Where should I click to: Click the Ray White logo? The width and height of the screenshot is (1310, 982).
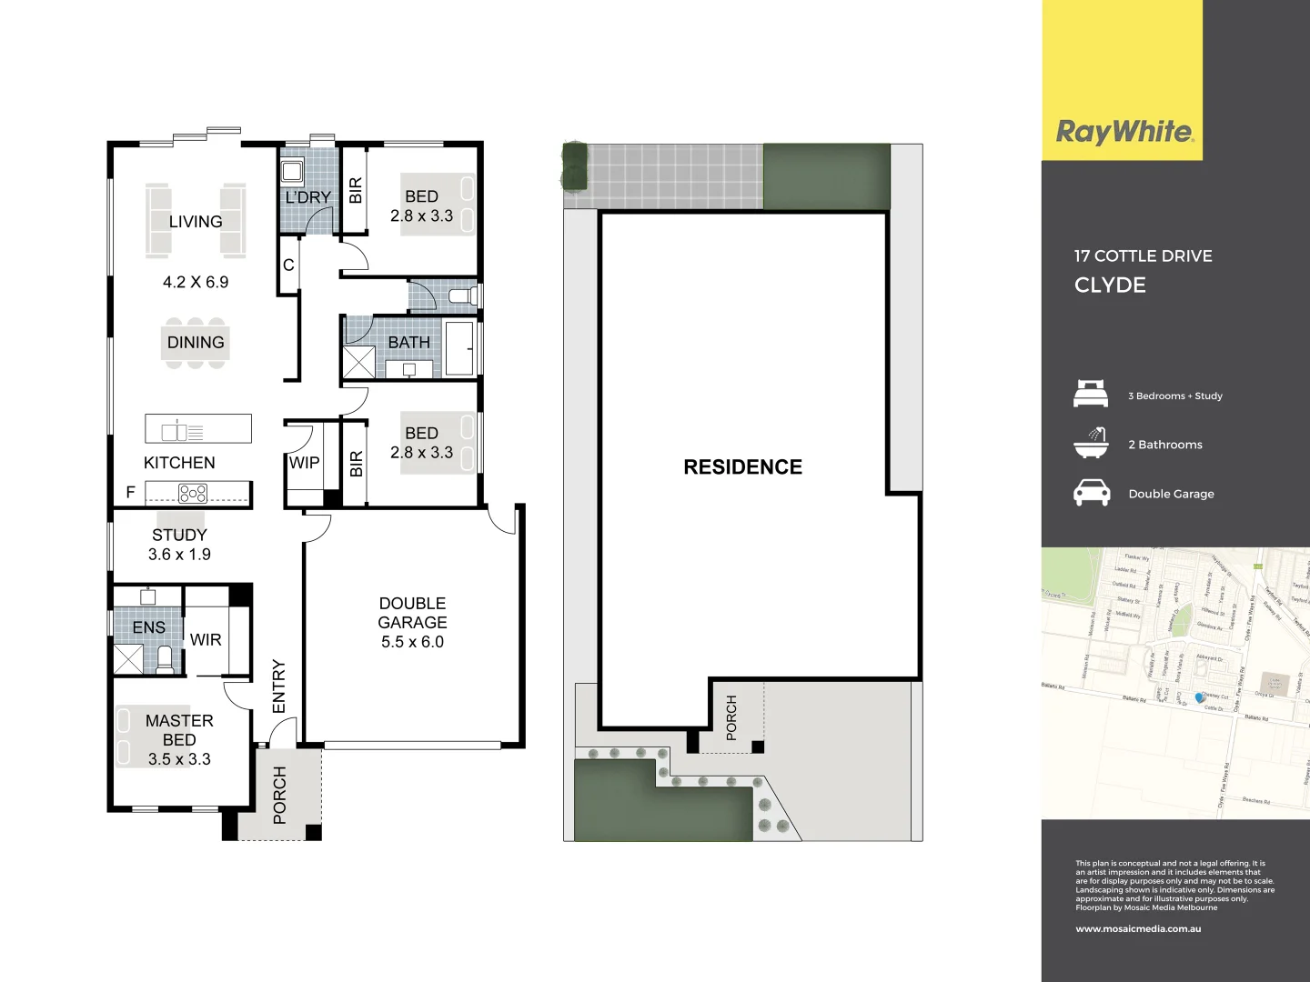1124,132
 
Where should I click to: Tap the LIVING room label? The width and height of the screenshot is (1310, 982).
196,222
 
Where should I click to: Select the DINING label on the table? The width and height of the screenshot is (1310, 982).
196,343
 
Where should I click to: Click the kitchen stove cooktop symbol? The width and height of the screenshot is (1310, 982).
193,494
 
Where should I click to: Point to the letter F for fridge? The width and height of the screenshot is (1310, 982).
130,492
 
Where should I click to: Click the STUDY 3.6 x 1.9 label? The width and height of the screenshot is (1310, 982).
179,545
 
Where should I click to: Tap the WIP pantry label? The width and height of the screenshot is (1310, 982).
304,463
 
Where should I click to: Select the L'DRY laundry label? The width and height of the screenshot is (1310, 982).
308,197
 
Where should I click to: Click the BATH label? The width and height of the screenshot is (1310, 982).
408,343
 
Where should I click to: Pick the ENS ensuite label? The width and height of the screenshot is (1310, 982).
149,627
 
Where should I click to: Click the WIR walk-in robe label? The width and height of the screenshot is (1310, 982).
206,640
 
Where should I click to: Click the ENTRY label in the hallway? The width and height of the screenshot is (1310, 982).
279,686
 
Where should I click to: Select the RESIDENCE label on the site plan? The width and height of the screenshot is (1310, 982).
742,467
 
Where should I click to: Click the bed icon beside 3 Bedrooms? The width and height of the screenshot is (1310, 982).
1091,395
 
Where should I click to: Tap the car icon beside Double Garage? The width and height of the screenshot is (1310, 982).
1092,493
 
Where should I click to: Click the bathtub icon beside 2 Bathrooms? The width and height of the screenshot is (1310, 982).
1091,444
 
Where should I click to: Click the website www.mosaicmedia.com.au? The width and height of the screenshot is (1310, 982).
1138,929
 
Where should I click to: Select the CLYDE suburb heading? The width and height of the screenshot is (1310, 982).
1110,286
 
